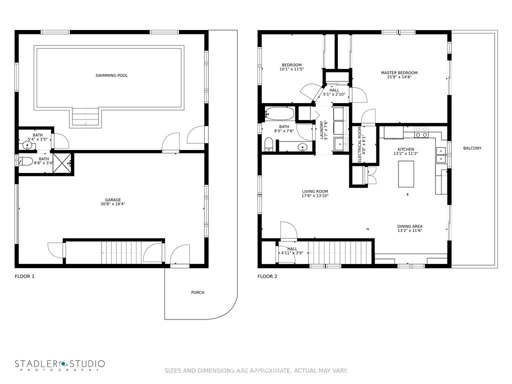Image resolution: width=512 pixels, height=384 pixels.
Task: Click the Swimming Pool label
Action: (x=111, y=75)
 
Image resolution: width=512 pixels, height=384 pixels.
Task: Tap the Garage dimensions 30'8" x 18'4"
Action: (x=113, y=204)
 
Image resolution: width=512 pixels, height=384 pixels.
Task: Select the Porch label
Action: (x=198, y=292)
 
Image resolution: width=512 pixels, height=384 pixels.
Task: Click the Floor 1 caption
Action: (x=24, y=276)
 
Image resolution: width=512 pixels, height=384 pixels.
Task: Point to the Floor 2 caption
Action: (x=267, y=276)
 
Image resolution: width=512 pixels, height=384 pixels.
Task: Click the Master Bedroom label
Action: (x=399, y=73)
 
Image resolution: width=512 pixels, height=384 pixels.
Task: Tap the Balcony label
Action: (x=472, y=148)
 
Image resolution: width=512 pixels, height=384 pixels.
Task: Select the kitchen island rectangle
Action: (x=406, y=174)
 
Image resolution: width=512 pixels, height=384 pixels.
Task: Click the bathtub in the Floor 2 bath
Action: (x=279, y=114)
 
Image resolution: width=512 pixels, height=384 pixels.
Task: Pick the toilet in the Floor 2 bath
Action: (x=268, y=144)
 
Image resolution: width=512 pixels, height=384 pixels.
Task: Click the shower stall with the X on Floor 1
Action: (x=61, y=163)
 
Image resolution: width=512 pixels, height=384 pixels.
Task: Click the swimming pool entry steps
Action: (x=85, y=117)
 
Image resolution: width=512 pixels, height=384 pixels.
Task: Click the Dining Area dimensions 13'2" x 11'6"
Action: (x=410, y=230)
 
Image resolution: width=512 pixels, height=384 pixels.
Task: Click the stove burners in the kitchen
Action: (x=421, y=132)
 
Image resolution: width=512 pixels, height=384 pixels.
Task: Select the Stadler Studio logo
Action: (x=60, y=365)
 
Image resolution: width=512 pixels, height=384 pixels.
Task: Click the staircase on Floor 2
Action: (x=340, y=252)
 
